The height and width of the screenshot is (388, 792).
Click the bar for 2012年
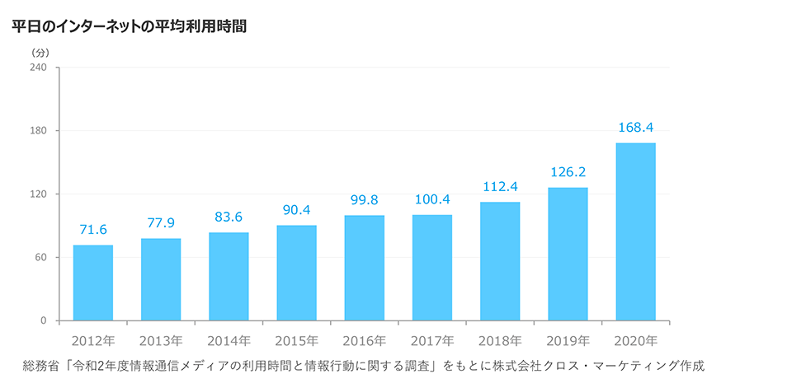[93, 283]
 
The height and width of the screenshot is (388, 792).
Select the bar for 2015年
[296, 273]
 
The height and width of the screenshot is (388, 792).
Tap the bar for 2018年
[500, 261]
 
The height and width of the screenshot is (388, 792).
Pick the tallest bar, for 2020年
[635, 231]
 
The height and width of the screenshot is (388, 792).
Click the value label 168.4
[635, 128]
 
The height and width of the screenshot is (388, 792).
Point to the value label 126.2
[568, 173]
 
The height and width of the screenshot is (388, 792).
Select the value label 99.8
[364, 200]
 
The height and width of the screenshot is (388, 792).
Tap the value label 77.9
[161, 223]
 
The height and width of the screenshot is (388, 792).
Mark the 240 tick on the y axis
[39, 68]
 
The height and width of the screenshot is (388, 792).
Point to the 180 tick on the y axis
[39, 131]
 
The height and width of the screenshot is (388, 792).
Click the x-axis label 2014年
[229, 340]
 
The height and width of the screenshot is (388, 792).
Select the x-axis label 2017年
[432, 340]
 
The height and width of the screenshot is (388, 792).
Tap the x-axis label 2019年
[568, 340]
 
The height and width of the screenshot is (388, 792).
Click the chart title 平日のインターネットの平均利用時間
[130, 26]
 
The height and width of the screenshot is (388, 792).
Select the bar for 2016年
[364, 268]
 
